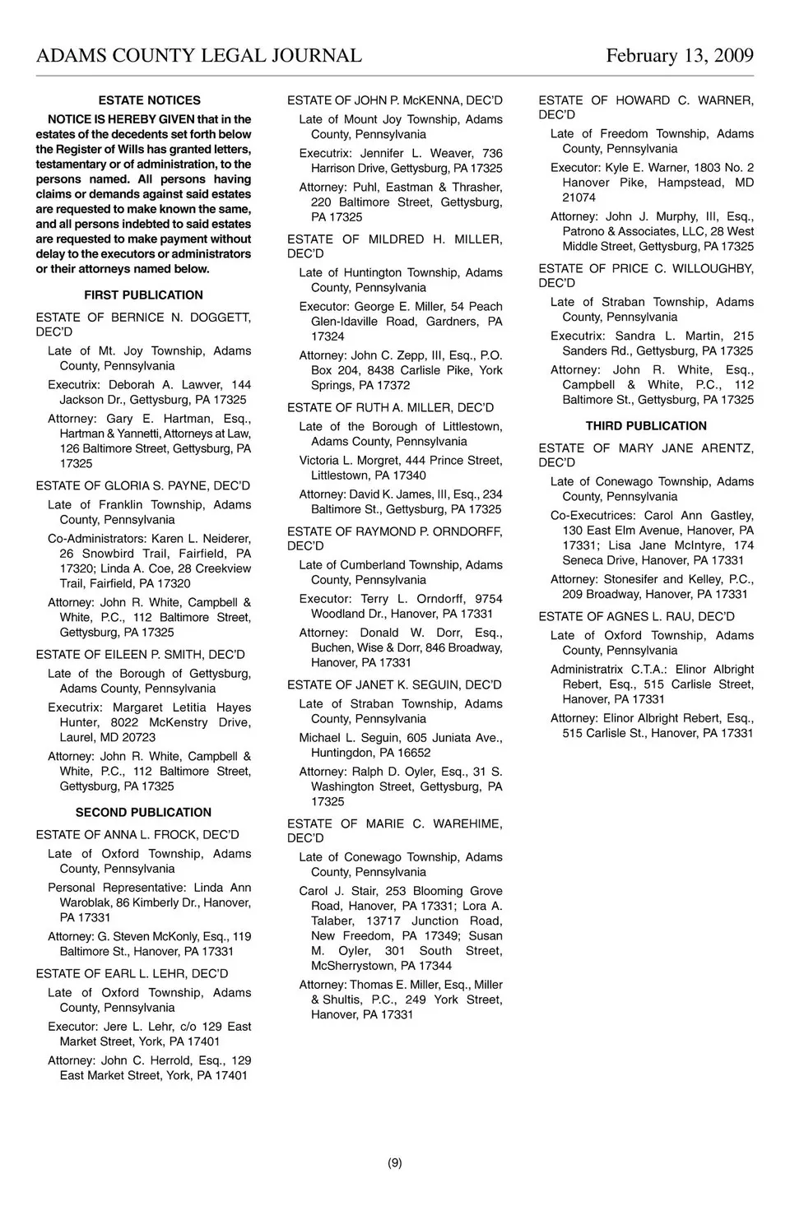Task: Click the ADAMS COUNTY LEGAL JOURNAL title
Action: [198, 56]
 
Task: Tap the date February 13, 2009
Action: [680, 56]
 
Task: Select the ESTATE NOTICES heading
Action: [149, 100]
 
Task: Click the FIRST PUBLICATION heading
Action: [143, 295]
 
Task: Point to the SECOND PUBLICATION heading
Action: [143, 812]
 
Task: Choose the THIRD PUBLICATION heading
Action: [646, 426]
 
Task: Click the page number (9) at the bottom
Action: [395, 1162]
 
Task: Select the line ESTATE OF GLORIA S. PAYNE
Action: [143, 486]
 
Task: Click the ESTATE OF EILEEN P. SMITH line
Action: [141, 655]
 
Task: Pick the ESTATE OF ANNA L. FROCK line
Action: [137, 835]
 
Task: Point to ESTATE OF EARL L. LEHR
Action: [132, 974]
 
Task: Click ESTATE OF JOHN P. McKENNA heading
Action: [395, 100]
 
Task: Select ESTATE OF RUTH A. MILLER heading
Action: [391, 408]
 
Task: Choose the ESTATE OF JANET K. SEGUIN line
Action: [394, 685]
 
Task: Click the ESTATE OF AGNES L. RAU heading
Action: [637, 617]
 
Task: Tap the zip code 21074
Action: [579, 197]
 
